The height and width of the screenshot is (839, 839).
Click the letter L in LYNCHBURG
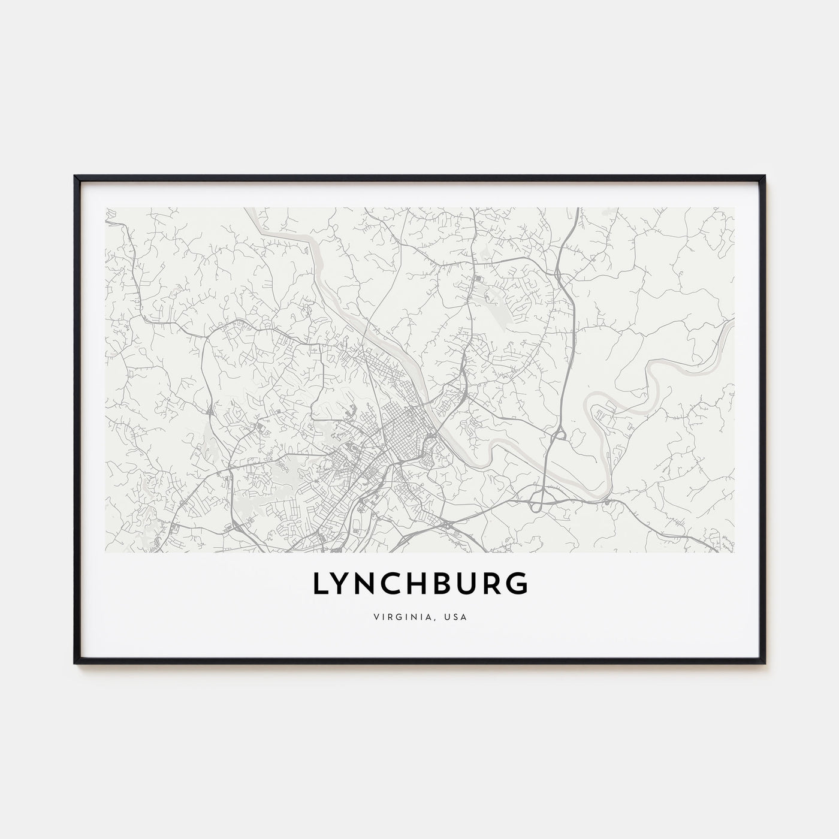pos(319,584)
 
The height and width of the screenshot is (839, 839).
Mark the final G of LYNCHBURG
pos(519,584)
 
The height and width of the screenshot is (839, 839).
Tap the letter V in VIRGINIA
pos(376,617)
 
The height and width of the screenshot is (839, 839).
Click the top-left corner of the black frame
pos(75,176)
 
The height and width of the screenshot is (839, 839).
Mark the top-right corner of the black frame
pos(765,176)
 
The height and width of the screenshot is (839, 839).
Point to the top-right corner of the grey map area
pos(734,208)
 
